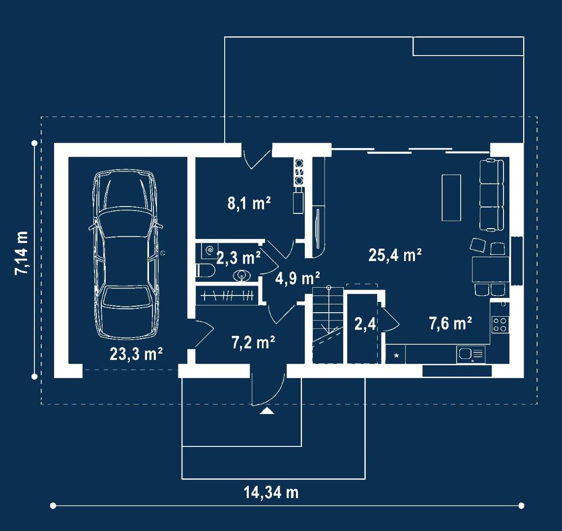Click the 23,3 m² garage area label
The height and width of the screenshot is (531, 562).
click(136, 354)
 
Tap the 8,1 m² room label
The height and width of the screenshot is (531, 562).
click(249, 203)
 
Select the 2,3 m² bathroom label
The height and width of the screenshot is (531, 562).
click(238, 258)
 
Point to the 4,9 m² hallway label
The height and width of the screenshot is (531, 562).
click(297, 278)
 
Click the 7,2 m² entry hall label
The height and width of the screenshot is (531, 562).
click(253, 343)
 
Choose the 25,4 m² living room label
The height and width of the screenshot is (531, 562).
click(395, 255)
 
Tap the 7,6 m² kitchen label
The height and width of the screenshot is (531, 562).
click(450, 324)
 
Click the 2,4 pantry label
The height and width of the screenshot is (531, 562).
click(365, 324)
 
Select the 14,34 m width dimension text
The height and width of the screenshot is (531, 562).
click(271, 492)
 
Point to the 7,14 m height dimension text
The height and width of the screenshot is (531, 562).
click(21, 253)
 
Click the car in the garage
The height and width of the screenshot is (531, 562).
click(125, 254)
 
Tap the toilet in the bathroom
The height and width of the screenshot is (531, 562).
click(205, 271)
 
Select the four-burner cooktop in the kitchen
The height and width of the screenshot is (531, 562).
click(500, 324)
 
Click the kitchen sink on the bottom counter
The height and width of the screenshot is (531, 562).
click(471, 354)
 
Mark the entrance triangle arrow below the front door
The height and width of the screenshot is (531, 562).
click(266, 411)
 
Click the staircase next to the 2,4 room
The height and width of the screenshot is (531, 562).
click(327, 325)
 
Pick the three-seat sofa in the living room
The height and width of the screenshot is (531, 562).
click(493, 195)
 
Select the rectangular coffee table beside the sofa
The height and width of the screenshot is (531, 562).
click(451, 198)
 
